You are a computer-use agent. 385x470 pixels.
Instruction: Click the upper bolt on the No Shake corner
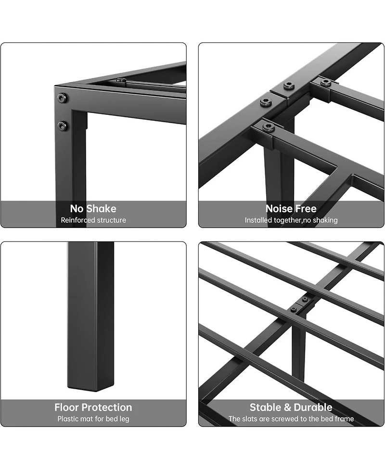point(62,98)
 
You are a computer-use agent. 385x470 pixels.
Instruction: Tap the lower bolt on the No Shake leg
point(62,126)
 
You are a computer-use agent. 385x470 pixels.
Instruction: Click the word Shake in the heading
point(101,209)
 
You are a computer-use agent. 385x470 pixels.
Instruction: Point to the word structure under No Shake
point(112,220)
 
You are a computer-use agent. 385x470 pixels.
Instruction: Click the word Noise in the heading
point(279,209)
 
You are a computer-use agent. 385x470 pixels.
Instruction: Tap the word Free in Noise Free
point(306,209)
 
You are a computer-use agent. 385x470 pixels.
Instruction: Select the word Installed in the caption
point(260,220)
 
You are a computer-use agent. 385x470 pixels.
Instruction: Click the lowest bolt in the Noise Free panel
point(269,127)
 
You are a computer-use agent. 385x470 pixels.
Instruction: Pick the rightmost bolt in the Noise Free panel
point(326,82)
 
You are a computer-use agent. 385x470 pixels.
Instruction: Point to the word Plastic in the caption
point(69,419)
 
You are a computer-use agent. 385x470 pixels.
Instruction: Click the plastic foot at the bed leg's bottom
point(90,385)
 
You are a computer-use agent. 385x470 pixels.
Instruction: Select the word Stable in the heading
point(266,407)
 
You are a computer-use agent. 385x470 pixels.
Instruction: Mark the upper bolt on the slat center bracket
point(305,299)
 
